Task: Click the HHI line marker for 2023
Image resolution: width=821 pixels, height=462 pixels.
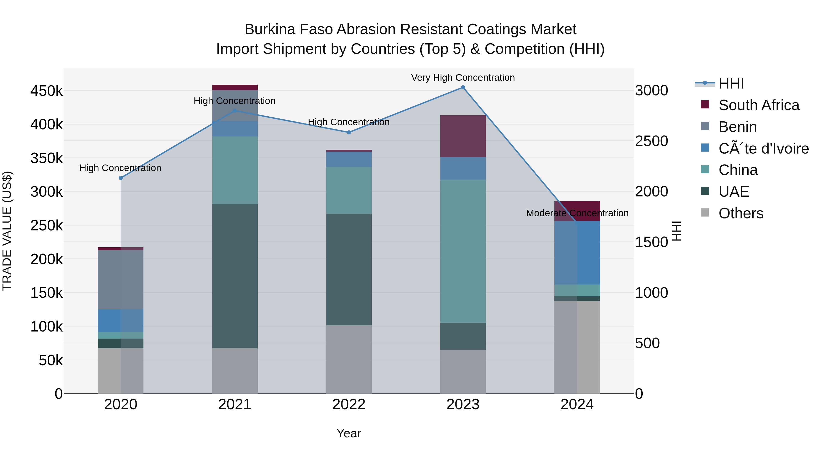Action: (463, 87)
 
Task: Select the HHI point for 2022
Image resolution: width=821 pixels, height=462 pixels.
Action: (349, 132)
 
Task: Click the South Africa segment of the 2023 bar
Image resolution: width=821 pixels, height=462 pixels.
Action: (463, 136)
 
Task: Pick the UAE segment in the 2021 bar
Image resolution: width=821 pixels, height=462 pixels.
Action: (235, 276)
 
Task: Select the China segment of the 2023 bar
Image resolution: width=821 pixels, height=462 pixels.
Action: (463, 251)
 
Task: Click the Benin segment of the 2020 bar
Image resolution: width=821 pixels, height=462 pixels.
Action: (120, 280)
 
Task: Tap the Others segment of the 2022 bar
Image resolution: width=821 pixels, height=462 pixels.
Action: (349, 359)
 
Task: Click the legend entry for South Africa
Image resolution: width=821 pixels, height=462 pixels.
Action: (759, 105)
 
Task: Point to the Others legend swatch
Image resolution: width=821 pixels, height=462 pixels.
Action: (705, 213)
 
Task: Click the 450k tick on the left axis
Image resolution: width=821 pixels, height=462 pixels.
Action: (47, 91)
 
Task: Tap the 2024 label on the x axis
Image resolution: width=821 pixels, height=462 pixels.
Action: (577, 405)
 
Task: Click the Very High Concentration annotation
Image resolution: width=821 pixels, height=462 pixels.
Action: (463, 78)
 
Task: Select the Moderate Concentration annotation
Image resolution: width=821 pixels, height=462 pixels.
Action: (577, 213)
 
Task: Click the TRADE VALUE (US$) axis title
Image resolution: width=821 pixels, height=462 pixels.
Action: (7, 231)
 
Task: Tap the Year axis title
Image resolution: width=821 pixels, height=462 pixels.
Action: (349, 433)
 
